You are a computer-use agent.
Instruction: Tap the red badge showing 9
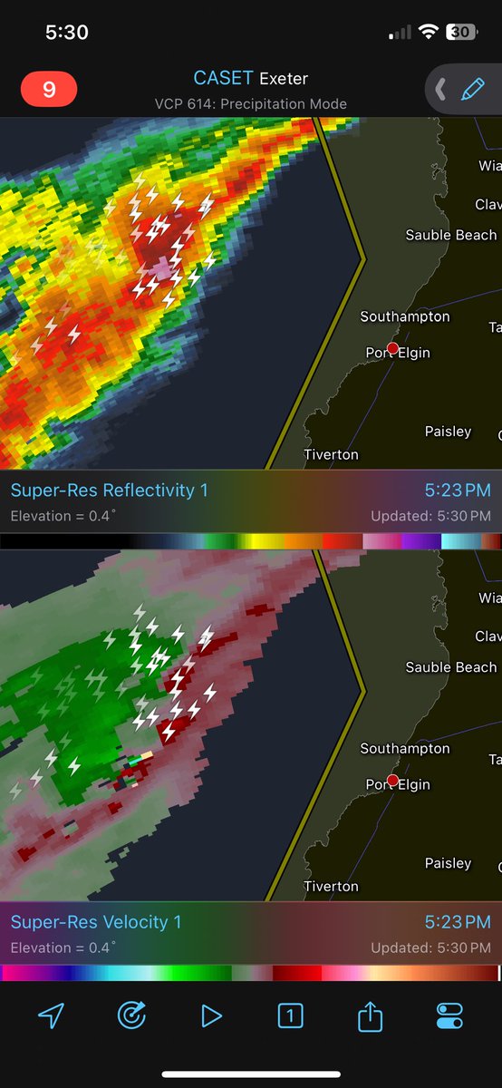coord(49,89)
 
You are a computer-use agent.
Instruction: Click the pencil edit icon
coord(472,89)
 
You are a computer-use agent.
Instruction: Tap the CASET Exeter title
coord(250,79)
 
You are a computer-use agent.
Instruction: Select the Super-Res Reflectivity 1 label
coord(109,491)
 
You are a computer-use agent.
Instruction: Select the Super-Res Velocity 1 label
coord(95,922)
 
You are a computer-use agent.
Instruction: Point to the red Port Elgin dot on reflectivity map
coord(392,348)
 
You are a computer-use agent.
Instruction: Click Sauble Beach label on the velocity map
coord(450,667)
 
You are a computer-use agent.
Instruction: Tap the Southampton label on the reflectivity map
coord(404,316)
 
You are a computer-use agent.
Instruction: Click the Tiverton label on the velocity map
coord(331,886)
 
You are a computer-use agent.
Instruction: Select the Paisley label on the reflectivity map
coord(448,432)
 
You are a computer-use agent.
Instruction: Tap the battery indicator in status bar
coord(461,33)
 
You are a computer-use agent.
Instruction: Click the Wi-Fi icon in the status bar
coord(428,33)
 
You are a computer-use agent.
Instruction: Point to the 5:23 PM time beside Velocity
coord(458,922)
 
